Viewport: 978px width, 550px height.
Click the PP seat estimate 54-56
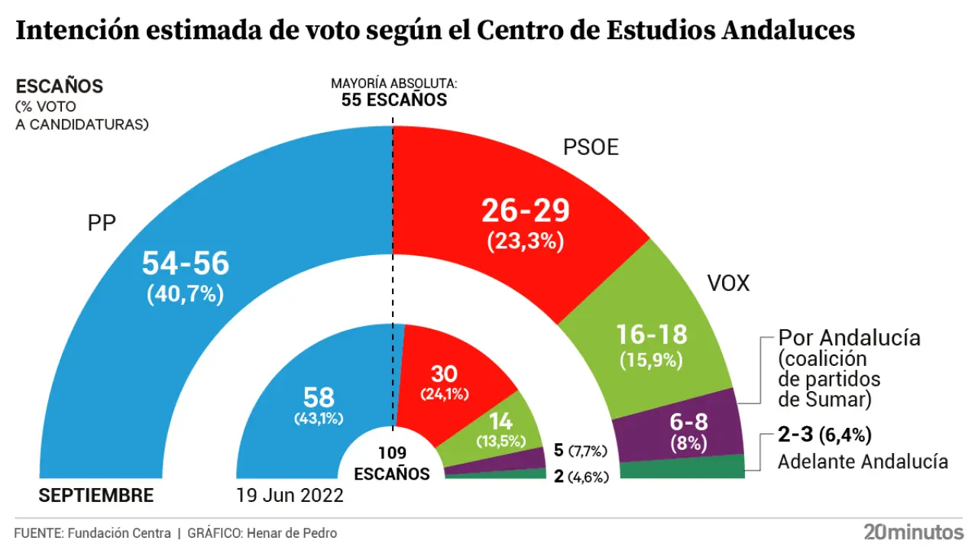186,264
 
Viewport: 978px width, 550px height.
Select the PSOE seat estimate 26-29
525,212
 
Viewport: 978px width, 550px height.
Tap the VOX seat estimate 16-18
652,334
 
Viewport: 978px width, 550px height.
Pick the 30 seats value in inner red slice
444,374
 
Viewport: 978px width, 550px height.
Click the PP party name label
102,225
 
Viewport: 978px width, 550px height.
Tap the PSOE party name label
591,147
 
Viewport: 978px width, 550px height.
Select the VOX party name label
727,284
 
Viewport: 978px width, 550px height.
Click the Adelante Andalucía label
863,462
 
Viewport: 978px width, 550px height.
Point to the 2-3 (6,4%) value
824,436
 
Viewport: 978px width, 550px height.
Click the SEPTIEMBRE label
96,496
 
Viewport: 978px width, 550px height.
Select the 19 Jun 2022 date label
290,496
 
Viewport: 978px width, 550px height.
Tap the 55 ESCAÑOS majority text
393,99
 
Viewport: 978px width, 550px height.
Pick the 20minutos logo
913,532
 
